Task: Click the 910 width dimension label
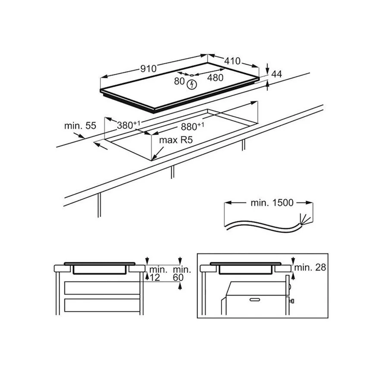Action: [x=148, y=69]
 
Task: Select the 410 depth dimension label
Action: [x=232, y=61]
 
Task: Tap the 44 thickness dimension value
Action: [x=277, y=74]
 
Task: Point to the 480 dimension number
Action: [x=215, y=78]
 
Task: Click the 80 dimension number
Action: [x=179, y=81]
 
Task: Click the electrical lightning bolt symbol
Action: [x=192, y=84]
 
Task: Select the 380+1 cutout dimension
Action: [x=128, y=125]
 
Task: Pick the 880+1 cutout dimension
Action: [x=193, y=126]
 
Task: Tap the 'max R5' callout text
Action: [x=176, y=140]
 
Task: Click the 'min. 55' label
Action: [x=80, y=126]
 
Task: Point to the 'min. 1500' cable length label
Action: [x=272, y=203]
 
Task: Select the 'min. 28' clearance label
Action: [x=310, y=267]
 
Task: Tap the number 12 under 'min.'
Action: [x=155, y=278]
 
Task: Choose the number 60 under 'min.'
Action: [x=178, y=278]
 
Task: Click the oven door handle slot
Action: [x=254, y=300]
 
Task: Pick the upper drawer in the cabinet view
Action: [x=102, y=288]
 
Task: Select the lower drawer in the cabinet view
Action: [x=102, y=305]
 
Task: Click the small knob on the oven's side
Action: [x=292, y=301]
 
